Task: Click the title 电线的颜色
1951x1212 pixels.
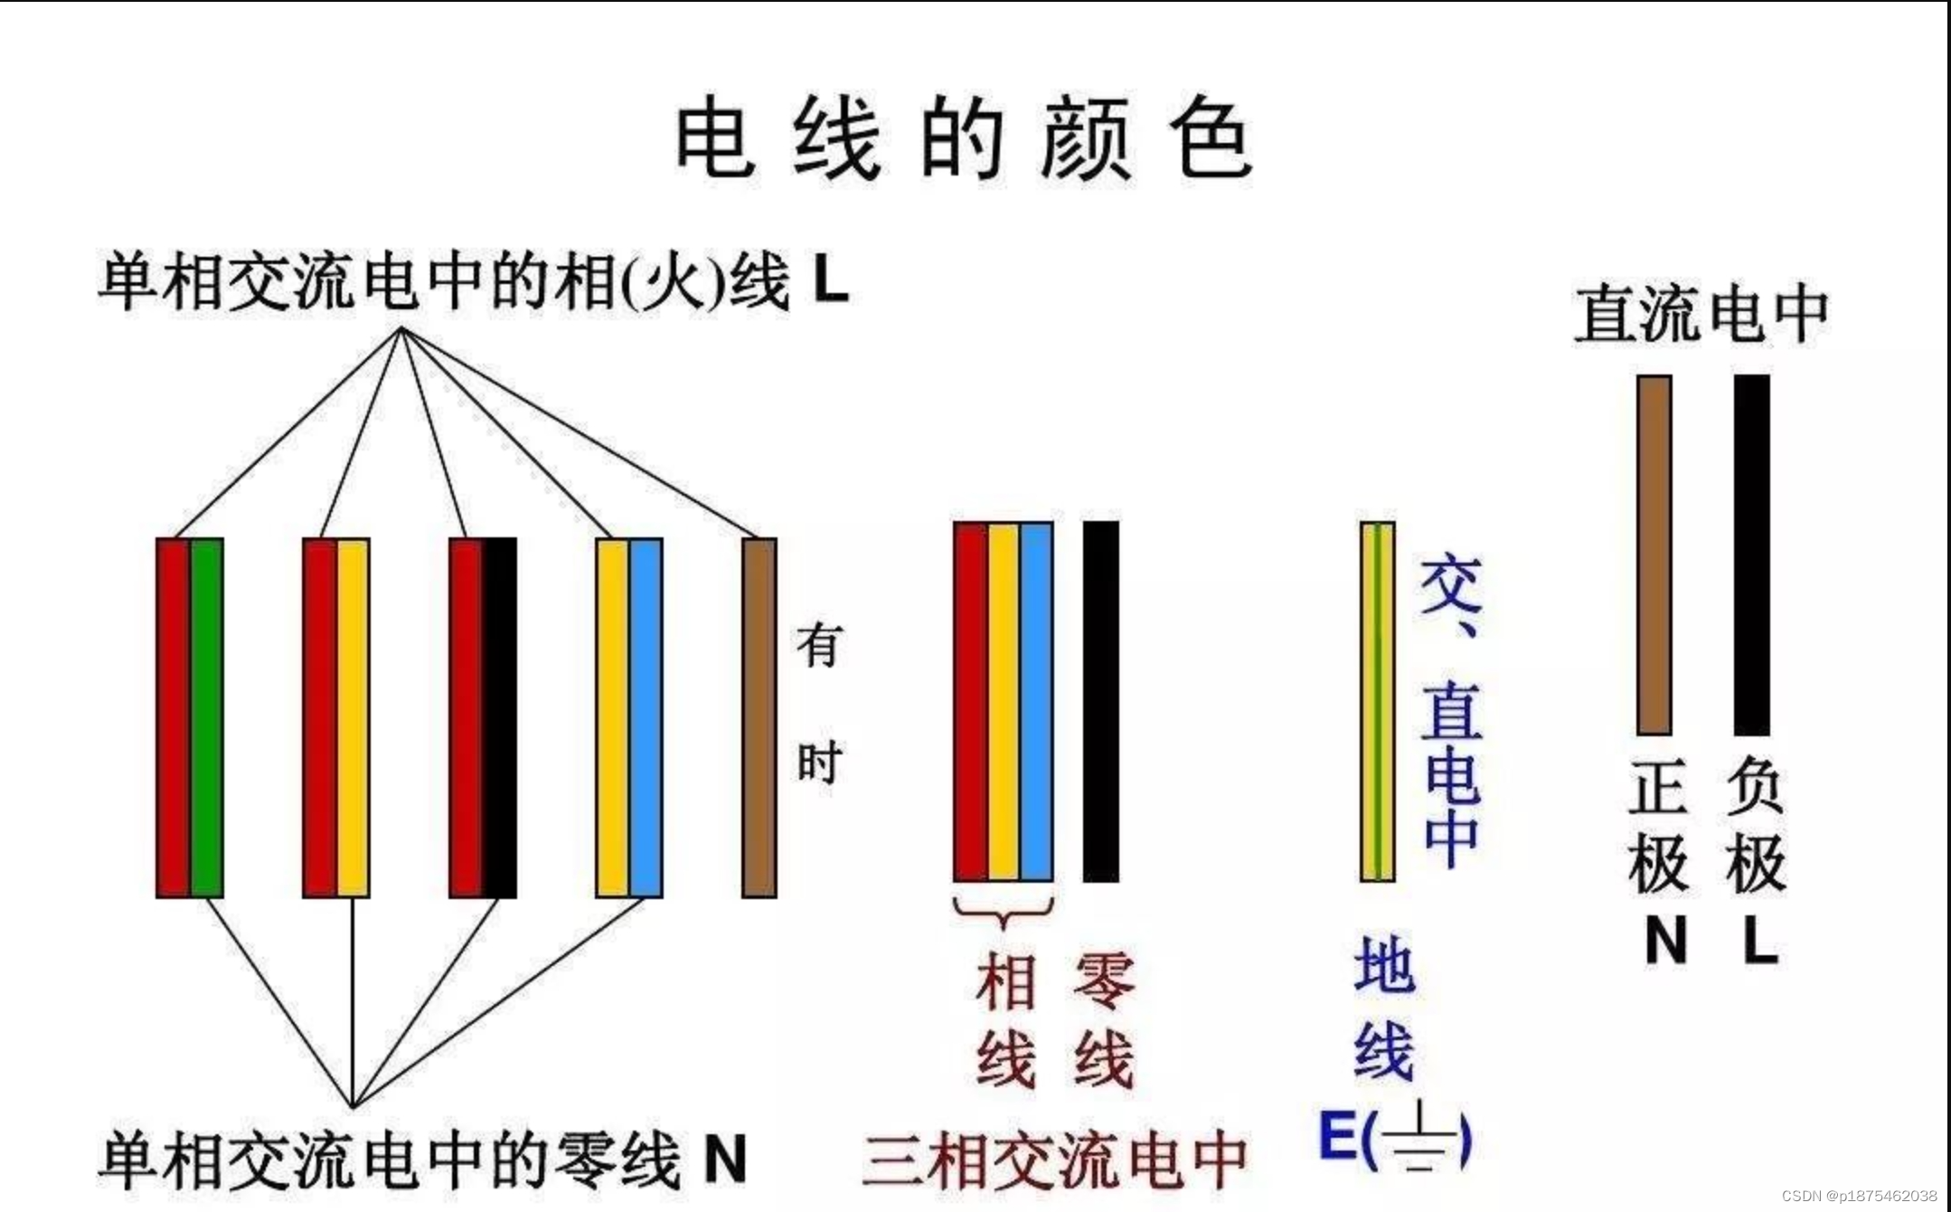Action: pos(964,140)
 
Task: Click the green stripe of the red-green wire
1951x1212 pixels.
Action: pos(207,717)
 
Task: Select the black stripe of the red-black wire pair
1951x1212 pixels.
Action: pos(499,717)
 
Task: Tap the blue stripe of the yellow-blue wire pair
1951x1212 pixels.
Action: pos(646,717)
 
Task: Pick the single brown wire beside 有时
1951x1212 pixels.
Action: pos(759,717)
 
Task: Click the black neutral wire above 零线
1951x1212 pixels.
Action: pos(1100,701)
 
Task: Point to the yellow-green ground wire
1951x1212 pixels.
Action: pos(1377,701)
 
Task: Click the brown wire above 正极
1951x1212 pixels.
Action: pos(1654,554)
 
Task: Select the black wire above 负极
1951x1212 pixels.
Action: pos(1751,554)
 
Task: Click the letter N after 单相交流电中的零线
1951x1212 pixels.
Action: pos(725,1160)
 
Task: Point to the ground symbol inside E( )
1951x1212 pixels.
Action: pos(1418,1138)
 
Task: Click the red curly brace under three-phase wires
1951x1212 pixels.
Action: pos(1003,912)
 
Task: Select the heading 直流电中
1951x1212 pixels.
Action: pos(1701,314)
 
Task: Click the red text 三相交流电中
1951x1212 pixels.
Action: pos(1054,1160)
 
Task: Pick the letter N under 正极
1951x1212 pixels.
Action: pos(1665,942)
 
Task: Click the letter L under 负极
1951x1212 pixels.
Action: pos(1759,942)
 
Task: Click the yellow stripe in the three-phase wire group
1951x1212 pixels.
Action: pos(1003,701)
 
